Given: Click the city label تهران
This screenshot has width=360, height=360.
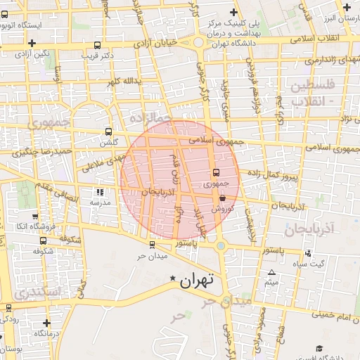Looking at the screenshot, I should pos(196,282).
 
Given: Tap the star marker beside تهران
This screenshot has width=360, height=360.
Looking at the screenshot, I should pos(173,280).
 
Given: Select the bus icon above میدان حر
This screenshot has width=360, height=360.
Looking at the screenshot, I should pos(152,244).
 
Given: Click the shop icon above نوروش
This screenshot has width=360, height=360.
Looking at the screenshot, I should pos(222,199).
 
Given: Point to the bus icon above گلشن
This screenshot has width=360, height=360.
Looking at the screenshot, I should pos(108,131).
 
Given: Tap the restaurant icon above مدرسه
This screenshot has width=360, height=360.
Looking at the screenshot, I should pos(100,191).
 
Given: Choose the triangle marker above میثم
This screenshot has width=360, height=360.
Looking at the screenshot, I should pos(272,272).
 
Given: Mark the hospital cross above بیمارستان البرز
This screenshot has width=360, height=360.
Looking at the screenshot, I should pos(347,7).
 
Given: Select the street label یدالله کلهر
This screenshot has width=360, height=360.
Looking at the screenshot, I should pos(124,82).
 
